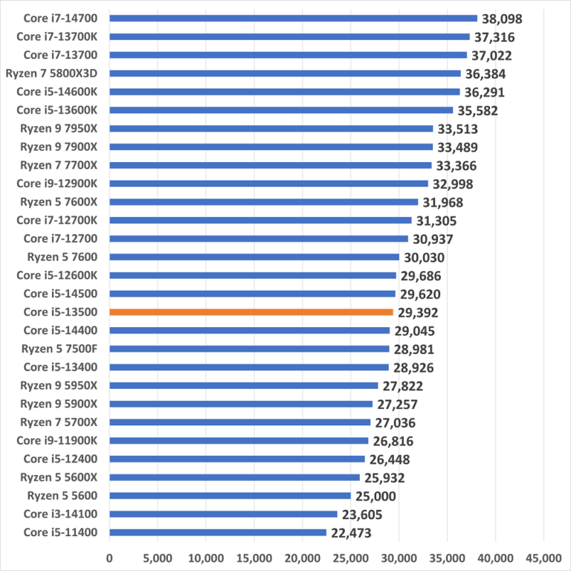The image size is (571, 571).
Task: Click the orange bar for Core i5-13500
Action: pos(251,312)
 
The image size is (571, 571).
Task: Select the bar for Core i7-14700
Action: pos(293,19)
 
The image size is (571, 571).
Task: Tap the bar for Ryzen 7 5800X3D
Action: pos(285,74)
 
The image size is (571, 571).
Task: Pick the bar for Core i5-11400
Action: pos(218,532)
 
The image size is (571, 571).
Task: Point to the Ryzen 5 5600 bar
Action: pos(230,496)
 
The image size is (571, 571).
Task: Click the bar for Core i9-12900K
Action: pos(268,184)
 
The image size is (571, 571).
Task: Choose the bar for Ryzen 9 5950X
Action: pos(244,386)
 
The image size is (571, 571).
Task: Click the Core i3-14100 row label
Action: pos(65,514)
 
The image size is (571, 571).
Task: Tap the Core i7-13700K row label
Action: pos(62,37)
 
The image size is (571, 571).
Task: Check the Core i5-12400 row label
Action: pos(65,459)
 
